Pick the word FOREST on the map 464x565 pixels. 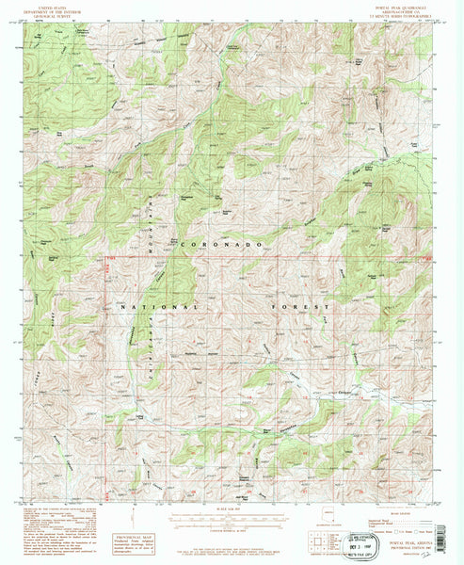click(x=310, y=307)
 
